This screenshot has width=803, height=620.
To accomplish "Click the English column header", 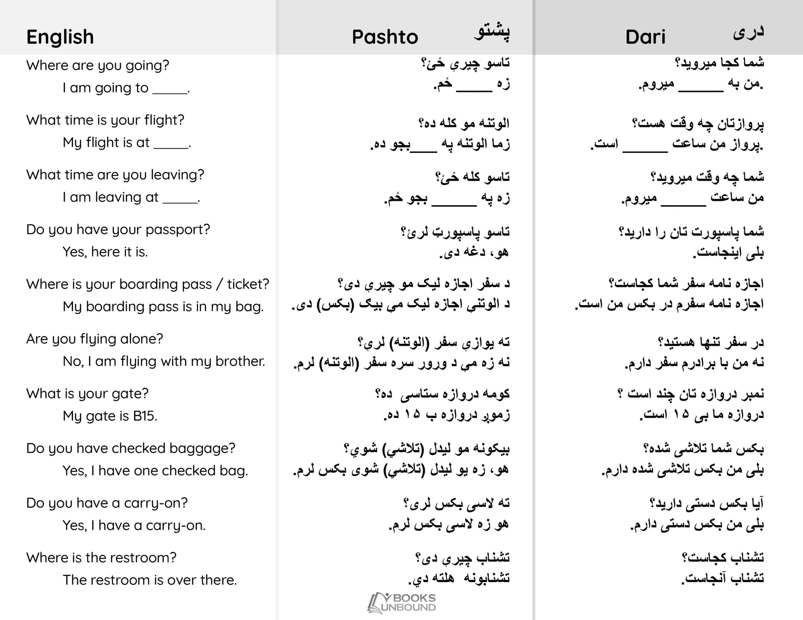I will coord(60,37).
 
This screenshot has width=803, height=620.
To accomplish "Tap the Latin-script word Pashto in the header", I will coord(385,37).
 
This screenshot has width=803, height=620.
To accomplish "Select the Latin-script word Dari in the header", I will coord(645,37).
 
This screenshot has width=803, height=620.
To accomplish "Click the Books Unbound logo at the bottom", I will coord(401,603).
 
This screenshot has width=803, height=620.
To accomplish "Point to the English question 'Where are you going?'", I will coord(98,66).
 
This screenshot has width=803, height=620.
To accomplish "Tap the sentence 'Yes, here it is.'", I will coord(105,252).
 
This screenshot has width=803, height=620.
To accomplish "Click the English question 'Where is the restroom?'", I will coord(101,558).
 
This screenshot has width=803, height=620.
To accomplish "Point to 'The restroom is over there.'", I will coord(150,580).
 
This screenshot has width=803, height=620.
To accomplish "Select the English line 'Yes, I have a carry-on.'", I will coord(134,525).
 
